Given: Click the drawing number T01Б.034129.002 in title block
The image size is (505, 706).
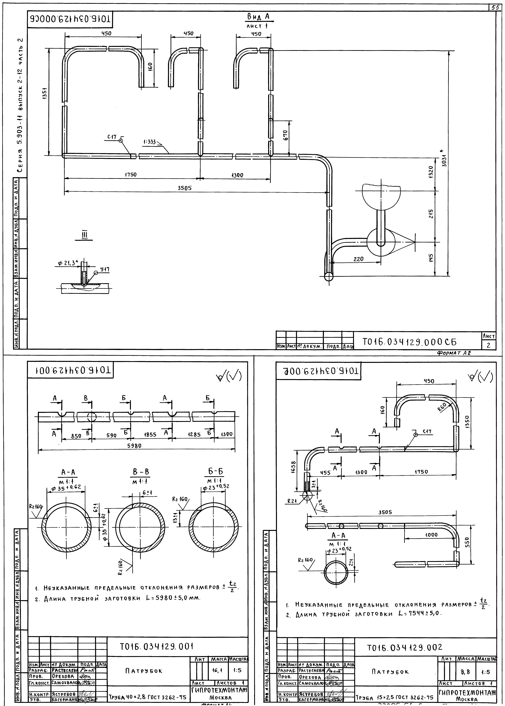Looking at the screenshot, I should [404, 648].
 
